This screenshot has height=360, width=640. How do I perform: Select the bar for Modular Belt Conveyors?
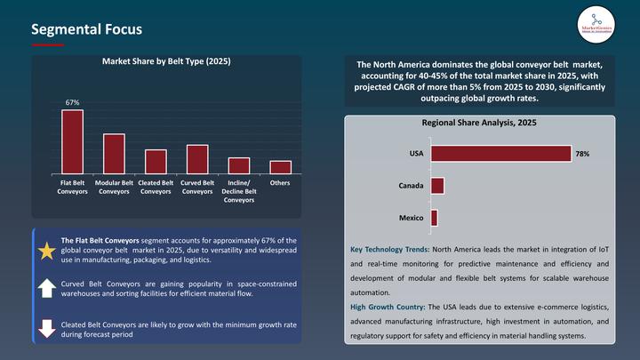[114, 154]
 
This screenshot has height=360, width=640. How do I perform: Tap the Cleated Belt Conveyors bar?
[156, 162]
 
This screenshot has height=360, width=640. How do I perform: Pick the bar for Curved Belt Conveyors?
[197, 159]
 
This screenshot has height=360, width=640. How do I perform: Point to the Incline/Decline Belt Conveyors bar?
[239, 165]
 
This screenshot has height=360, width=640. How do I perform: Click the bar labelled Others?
[280, 167]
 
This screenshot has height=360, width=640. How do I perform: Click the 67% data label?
[72, 103]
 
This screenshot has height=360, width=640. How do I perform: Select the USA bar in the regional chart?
[500, 154]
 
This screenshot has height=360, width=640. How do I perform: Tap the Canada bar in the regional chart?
[437, 186]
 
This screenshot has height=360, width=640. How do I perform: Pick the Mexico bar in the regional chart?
[434, 218]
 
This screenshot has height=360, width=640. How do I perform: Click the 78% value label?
[582, 155]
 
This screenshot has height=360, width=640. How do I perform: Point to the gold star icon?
[46, 251]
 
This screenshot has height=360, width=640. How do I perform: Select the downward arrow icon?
[46, 327]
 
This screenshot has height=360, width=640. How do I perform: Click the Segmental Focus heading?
[85, 29]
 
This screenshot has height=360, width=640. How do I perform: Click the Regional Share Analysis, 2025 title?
[479, 122]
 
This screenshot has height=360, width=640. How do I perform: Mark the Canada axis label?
[411, 186]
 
